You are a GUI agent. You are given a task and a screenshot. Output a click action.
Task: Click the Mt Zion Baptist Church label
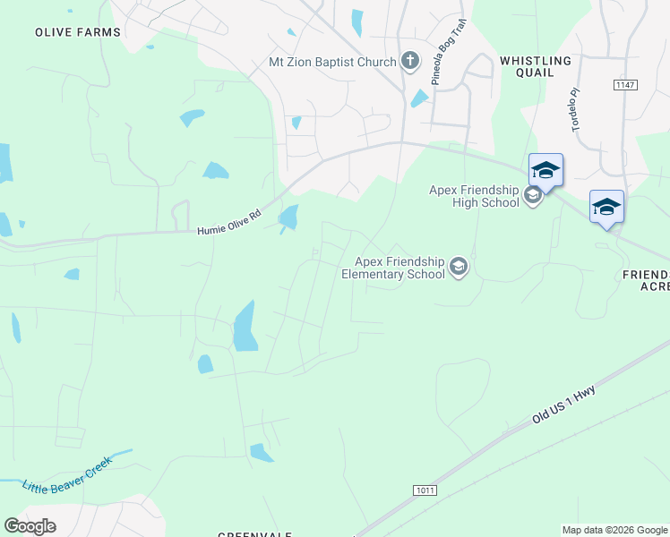pyautogui.click(x=332, y=62)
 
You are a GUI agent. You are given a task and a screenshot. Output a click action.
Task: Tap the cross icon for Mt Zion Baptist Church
pyautogui.click(x=410, y=61)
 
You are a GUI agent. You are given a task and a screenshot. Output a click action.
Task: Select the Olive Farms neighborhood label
pyautogui.click(x=77, y=32)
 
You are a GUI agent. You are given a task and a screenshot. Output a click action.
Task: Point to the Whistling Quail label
pyautogui.click(x=535, y=66)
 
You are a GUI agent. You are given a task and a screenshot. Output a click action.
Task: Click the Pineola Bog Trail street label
pyautogui.click(x=449, y=63)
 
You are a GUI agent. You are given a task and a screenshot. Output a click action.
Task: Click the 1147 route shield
pyautogui.click(x=624, y=84)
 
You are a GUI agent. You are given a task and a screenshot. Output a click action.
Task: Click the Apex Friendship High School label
pyautogui.click(x=474, y=196)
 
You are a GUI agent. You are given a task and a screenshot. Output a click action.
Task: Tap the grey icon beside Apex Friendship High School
pyautogui.click(x=533, y=196)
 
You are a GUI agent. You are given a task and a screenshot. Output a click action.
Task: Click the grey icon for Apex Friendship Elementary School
pyautogui.click(x=460, y=267)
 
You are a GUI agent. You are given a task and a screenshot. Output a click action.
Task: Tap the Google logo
pyautogui.click(x=30, y=526)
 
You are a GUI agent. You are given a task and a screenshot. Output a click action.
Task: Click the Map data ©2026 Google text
pyautogui.click(x=614, y=530)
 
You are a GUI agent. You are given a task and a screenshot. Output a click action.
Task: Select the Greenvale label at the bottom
pyautogui.click(x=255, y=534)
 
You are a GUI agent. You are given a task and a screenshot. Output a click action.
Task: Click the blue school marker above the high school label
pyautogui.click(x=545, y=169)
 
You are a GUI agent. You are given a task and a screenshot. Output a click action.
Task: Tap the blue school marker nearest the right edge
pyautogui.click(x=606, y=207)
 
